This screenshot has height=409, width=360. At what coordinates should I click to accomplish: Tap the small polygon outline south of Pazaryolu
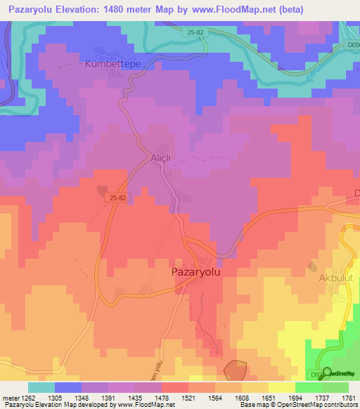click(235, 371)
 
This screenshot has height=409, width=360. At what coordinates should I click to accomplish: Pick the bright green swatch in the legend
click(308, 387)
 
